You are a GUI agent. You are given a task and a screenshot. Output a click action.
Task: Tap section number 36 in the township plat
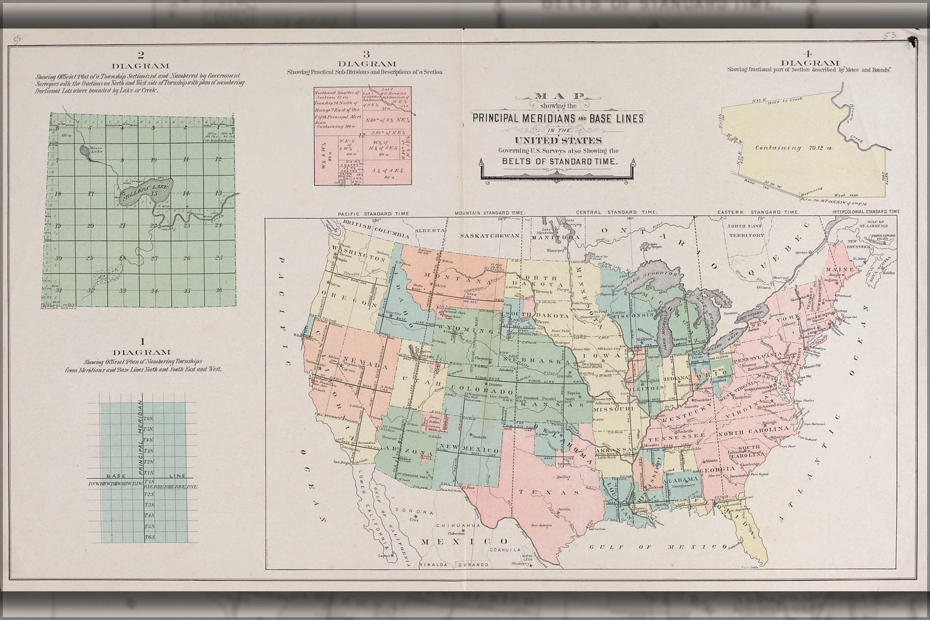(219, 290)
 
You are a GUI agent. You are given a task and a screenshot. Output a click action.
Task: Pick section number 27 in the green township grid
(154, 258)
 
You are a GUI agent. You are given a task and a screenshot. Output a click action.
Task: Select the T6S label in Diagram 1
(149, 536)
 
